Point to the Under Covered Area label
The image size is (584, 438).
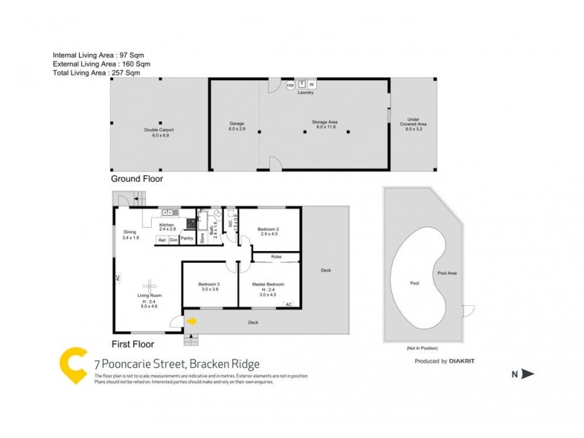(x=418, y=123)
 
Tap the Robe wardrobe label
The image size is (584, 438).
(x=276, y=257)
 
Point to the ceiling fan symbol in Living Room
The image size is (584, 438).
(x=150, y=285)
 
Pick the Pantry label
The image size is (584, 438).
(x=186, y=239)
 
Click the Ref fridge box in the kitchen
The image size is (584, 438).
(x=161, y=239)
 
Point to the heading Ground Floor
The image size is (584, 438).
(x=137, y=178)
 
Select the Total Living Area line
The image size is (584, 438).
(x=96, y=73)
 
